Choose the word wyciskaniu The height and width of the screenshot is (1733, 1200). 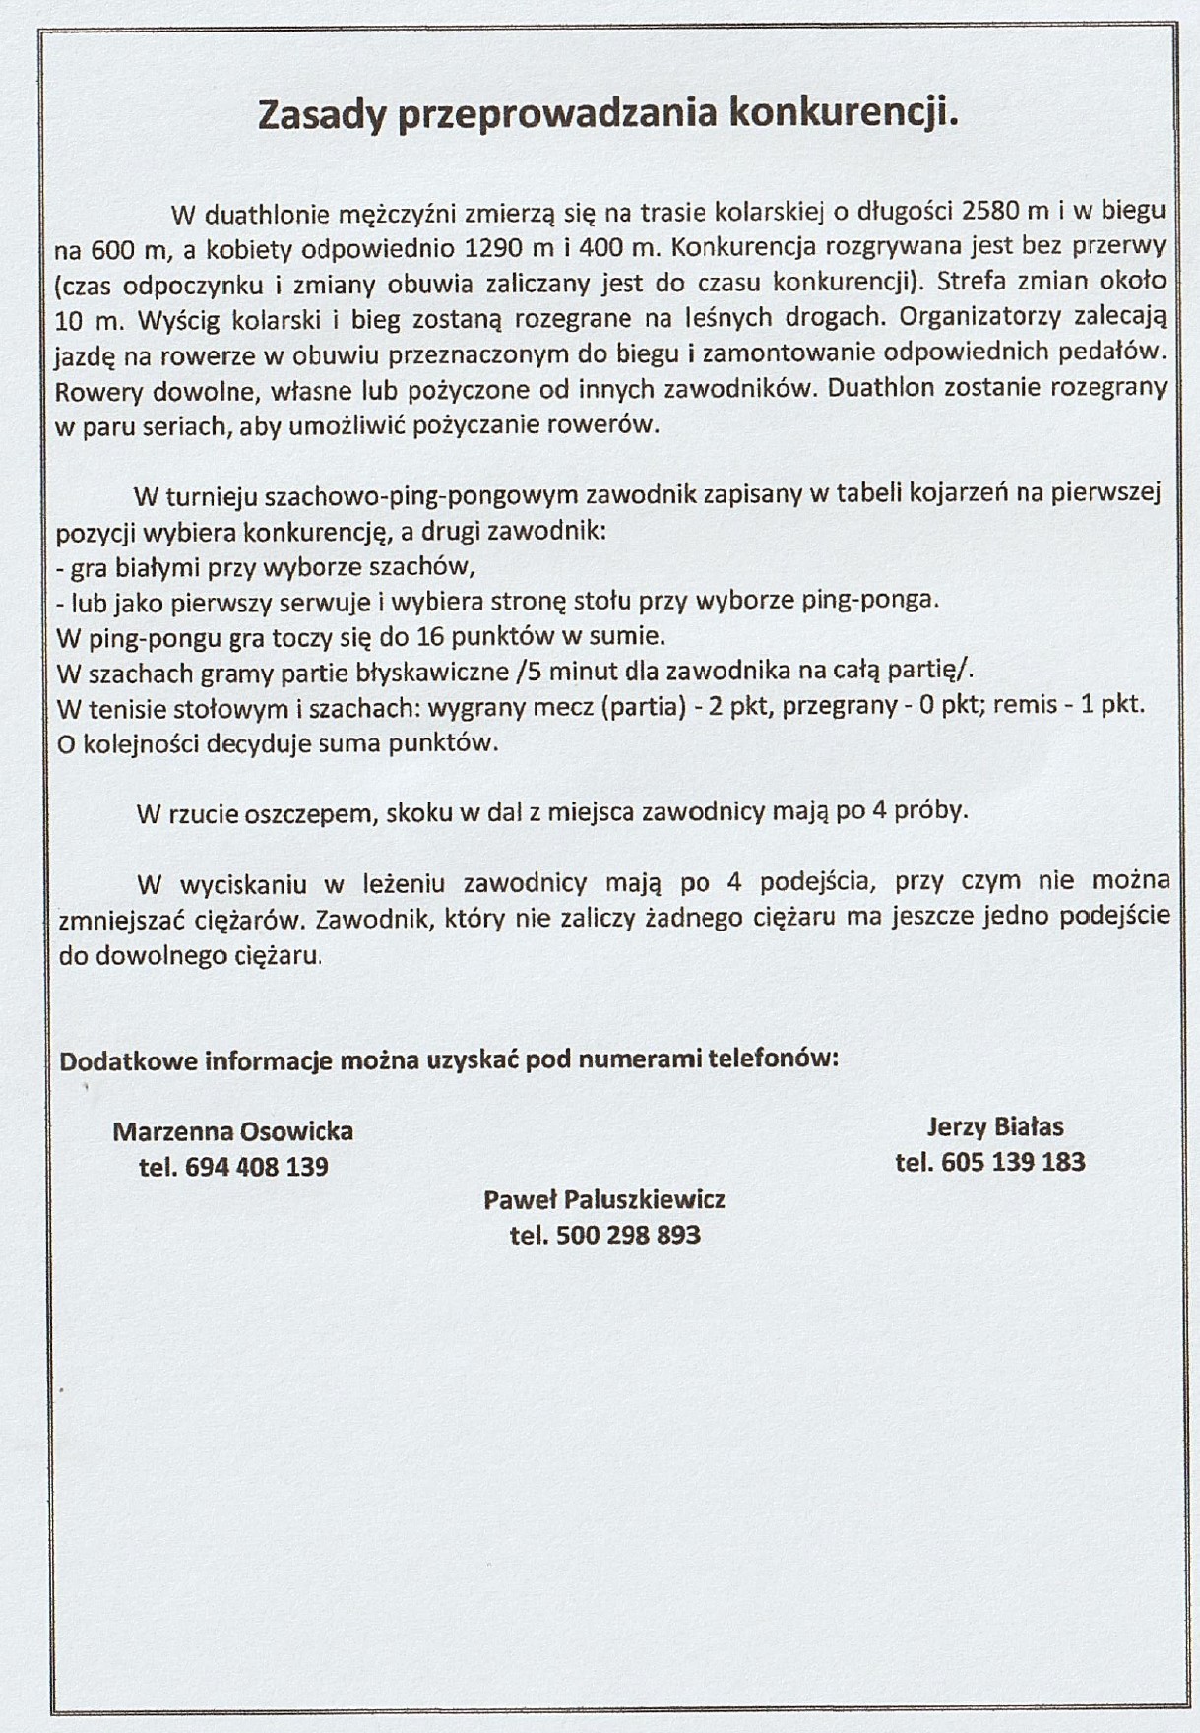click(237, 882)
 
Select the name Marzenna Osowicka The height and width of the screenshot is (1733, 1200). click(232, 1131)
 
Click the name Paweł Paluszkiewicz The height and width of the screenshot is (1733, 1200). click(603, 1200)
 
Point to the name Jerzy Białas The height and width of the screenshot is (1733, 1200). click(994, 1127)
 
